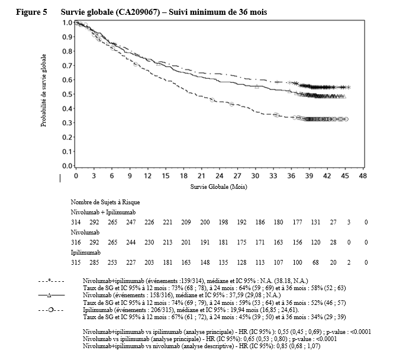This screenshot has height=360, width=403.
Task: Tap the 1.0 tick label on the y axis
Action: point(67,22)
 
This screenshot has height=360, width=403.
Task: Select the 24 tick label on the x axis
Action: point(219,176)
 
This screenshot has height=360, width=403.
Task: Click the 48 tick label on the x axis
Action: point(363,176)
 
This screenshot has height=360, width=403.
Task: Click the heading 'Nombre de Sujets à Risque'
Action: point(105,202)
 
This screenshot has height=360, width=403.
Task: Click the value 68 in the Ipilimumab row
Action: point(317,262)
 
